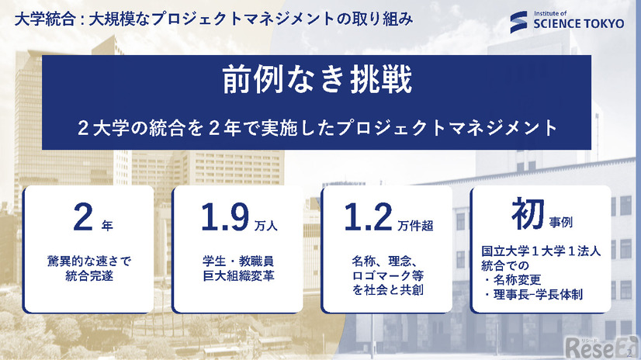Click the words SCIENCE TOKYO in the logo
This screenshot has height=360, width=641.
point(578,24)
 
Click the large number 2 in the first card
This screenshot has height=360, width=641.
point(83,220)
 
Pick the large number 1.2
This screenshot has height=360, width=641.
point(369,220)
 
